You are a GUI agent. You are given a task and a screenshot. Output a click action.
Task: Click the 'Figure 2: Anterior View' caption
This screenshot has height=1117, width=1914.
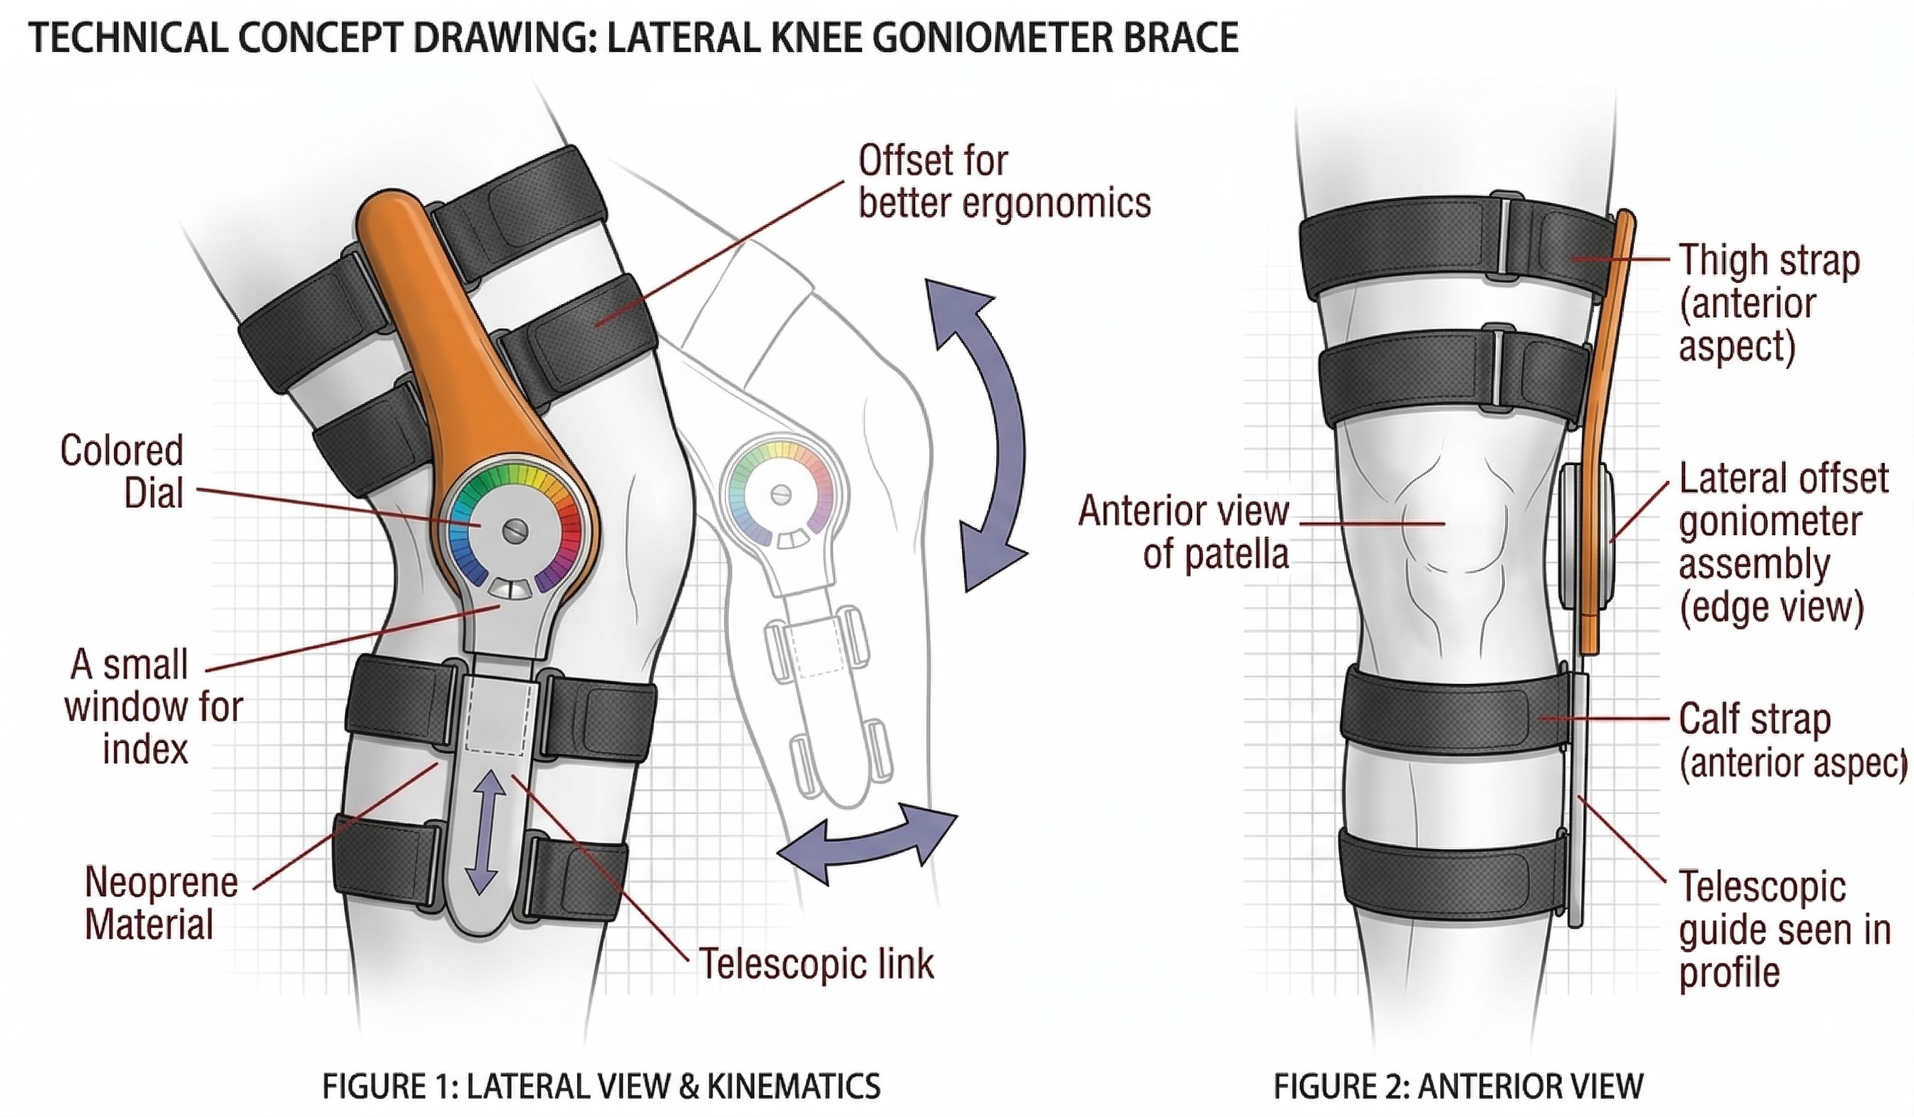[x=1457, y=1086]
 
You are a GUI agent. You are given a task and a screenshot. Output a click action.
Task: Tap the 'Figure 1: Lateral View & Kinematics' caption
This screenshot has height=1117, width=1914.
[x=601, y=1086]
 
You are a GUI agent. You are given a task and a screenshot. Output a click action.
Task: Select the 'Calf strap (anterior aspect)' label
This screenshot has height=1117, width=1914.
[x=1785, y=740]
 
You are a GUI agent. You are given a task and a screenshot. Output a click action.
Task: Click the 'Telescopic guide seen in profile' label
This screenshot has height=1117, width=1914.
[x=1781, y=930]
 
